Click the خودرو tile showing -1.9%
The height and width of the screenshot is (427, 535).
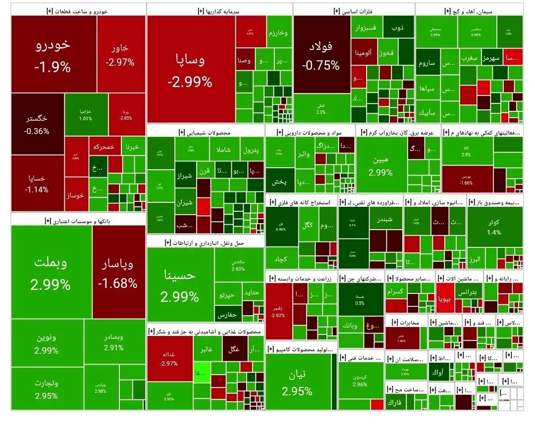pyautogui.click(x=53, y=54)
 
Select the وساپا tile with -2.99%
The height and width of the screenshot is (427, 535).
pyautogui.click(x=191, y=69)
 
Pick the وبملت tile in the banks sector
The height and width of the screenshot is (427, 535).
pyautogui.click(x=51, y=272)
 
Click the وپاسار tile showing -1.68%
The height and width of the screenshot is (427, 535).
pyautogui.click(x=118, y=273)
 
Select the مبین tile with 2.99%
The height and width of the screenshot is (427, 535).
pyautogui.click(x=380, y=166)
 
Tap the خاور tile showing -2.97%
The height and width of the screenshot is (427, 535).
pyautogui.click(x=120, y=54)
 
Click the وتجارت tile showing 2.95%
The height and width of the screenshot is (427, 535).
pyautogui.click(x=47, y=389)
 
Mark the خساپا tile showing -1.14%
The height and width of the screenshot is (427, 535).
pyautogui.click(x=37, y=183)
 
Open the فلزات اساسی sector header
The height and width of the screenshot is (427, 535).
pyautogui.click(x=354, y=10)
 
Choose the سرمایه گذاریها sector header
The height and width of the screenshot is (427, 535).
pyautogui.click(x=219, y=10)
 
